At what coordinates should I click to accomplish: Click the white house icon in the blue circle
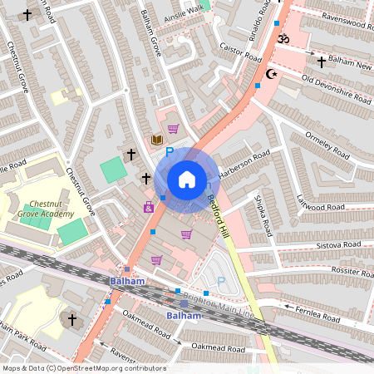coord(187,180)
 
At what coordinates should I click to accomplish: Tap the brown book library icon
coord(155,139)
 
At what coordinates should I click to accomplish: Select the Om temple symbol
coord(281,38)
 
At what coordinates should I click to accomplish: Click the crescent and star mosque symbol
coord(268,74)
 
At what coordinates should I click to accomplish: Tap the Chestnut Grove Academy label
coord(53,208)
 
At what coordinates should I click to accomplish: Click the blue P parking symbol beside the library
coord(170,151)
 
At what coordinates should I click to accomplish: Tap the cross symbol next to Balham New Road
coord(322,62)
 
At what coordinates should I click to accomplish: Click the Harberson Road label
coord(245,157)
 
